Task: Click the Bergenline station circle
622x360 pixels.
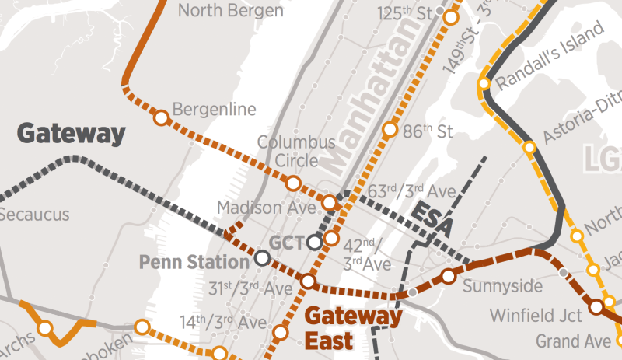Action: (161, 118)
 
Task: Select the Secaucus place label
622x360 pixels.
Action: (35, 215)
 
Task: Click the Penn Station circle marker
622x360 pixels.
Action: (263, 257)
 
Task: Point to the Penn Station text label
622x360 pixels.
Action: (194, 262)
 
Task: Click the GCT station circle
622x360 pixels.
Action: (314, 242)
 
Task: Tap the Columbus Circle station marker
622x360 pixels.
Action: (293, 183)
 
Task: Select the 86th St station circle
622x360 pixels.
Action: (389, 129)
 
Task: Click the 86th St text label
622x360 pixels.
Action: (428, 130)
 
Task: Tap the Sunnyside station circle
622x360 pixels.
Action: (448, 276)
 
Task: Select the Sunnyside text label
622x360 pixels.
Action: (502, 286)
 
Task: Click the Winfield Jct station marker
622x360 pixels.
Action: (596, 307)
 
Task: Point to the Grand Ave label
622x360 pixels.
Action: (574, 341)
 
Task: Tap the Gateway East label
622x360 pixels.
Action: (352, 327)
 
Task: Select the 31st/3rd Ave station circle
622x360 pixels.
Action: (308, 281)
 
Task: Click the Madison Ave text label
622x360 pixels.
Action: (267, 208)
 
